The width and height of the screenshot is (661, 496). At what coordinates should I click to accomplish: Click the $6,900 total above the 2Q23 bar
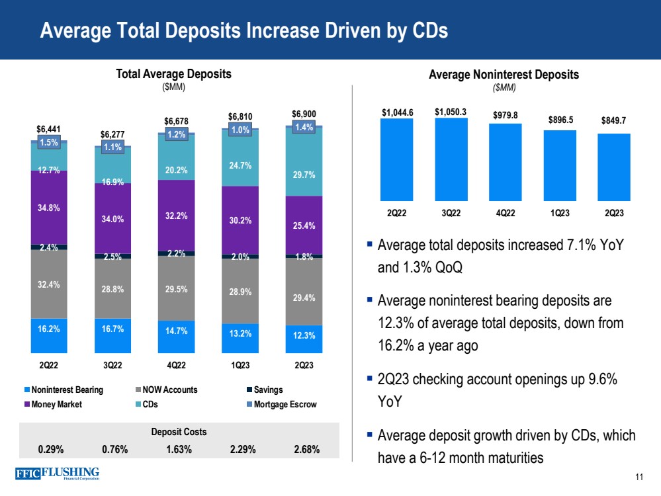304,114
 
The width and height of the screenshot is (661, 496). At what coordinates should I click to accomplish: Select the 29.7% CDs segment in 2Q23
304,175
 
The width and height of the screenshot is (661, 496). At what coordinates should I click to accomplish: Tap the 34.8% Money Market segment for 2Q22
48,207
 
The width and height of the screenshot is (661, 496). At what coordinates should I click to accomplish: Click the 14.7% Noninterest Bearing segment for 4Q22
176,337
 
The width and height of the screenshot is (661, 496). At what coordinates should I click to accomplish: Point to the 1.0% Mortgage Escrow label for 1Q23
240,130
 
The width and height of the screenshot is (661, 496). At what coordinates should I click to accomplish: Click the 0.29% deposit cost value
51,449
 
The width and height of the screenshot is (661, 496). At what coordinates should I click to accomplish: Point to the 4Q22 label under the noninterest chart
506,214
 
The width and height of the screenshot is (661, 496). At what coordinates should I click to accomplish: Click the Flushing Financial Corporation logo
56,475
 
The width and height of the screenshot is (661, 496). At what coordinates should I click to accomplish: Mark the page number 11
639,477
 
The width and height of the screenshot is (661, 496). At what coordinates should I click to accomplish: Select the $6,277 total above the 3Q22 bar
112,134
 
